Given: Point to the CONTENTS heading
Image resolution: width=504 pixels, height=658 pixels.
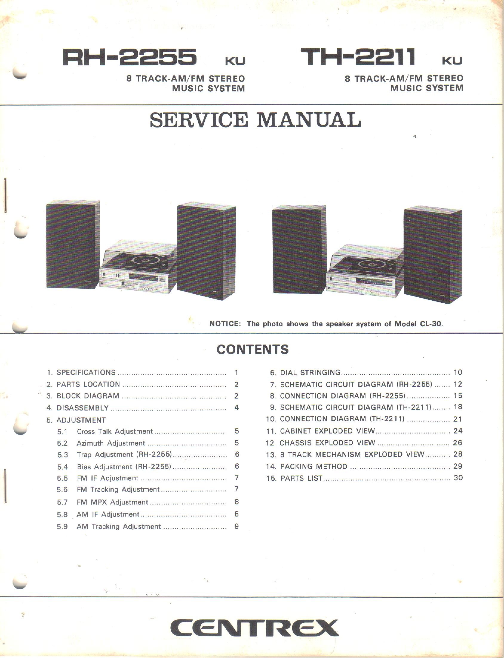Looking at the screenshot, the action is tap(253, 349).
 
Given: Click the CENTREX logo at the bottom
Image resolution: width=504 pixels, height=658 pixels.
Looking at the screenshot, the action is tap(254, 628).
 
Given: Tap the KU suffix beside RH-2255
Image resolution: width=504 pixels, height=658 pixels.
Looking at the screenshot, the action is tap(235, 61).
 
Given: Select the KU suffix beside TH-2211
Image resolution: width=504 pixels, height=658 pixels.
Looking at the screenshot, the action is tap(452, 61).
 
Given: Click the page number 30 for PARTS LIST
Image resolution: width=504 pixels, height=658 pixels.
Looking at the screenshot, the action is tap(458, 478).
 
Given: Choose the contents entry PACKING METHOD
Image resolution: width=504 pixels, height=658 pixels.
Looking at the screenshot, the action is tap(314, 466).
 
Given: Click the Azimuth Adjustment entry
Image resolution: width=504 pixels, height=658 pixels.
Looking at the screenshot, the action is tap(111, 443).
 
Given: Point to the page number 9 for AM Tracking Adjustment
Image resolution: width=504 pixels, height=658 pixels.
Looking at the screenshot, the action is tap(236, 526).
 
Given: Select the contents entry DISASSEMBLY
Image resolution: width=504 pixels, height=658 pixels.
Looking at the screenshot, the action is tap(82, 408).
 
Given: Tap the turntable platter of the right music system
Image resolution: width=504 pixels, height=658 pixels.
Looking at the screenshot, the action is tap(372, 264).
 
